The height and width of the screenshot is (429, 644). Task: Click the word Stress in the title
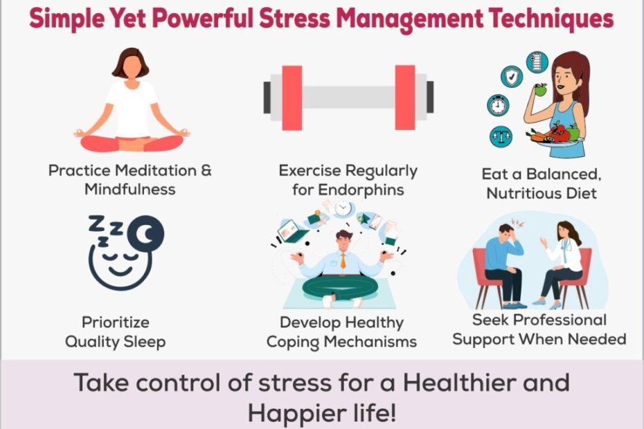(294, 19)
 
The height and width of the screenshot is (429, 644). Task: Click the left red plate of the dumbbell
(292, 98)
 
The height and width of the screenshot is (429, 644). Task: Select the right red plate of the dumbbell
(405, 98)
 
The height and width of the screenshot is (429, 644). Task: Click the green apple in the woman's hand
(541, 89)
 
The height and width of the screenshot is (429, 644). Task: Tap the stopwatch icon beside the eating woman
(498, 105)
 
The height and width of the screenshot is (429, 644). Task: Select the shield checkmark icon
(512, 76)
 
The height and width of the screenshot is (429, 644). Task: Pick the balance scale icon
(501, 137)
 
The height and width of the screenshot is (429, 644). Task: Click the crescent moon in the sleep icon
(146, 234)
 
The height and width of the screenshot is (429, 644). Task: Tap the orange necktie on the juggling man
(343, 261)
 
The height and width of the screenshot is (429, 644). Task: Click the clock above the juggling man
(343, 209)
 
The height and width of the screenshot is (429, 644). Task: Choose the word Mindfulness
(129, 190)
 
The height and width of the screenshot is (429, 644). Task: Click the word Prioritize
(116, 322)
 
